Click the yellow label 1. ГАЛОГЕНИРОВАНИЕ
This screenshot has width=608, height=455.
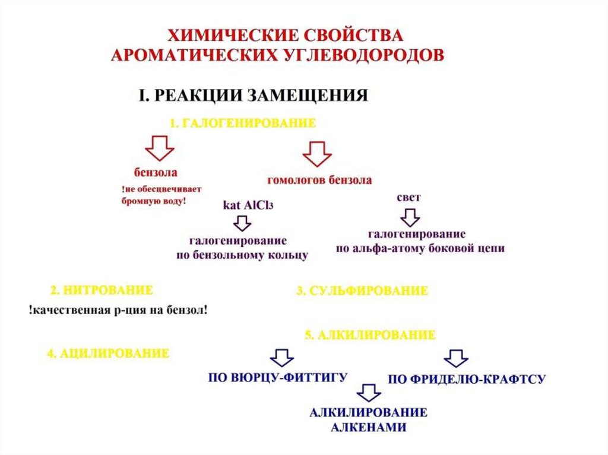tap(242, 123)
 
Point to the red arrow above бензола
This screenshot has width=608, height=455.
tap(159, 148)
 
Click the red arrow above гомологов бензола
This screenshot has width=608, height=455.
tap(317, 154)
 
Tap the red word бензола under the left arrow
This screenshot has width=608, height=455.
tap(156, 173)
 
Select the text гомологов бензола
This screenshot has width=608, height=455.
tap(319, 180)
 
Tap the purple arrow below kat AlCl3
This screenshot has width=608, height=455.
tap(242, 224)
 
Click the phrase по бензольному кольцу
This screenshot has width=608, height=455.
tap(242, 256)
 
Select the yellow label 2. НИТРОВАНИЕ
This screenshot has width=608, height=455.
tap(102, 290)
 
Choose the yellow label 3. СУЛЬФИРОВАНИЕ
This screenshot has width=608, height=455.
tap(362, 291)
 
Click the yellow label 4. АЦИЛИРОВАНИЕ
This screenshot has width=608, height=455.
tap(108, 354)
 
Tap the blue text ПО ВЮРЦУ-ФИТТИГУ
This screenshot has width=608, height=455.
tap(277, 377)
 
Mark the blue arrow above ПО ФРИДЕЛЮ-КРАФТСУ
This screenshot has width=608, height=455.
tap(456, 358)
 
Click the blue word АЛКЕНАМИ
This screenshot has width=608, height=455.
tap(368, 427)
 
